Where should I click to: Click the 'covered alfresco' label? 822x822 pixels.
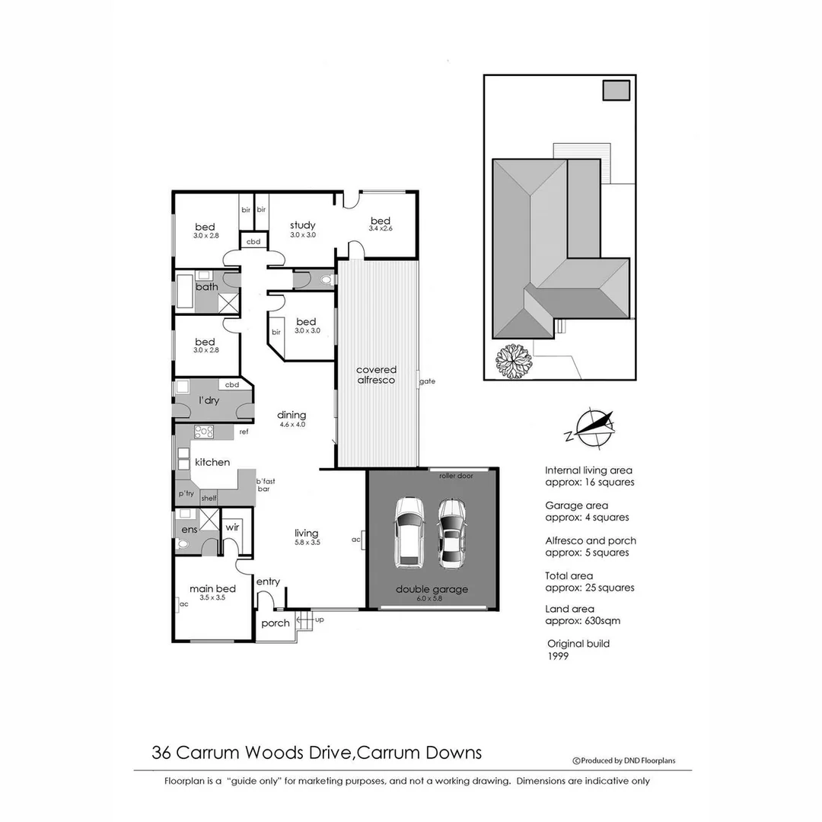pos(376,374)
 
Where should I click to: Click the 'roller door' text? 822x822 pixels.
pos(457,476)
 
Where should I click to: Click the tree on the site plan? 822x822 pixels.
pos(512,361)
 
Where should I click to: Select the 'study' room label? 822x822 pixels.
pos(302,225)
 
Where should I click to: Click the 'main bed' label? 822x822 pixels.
pos(212,588)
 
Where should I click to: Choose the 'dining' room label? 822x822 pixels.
pos(292,415)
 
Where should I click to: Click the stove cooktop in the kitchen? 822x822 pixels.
pos(204,432)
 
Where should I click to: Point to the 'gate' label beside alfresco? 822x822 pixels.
pos(427,381)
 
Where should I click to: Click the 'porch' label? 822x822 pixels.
pos(276,623)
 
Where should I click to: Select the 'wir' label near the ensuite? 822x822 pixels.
pos(232,527)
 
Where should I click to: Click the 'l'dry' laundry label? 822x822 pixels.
pos(209,400)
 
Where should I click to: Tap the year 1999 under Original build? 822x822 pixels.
pos(558,656)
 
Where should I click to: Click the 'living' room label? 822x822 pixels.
pos(307,533)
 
